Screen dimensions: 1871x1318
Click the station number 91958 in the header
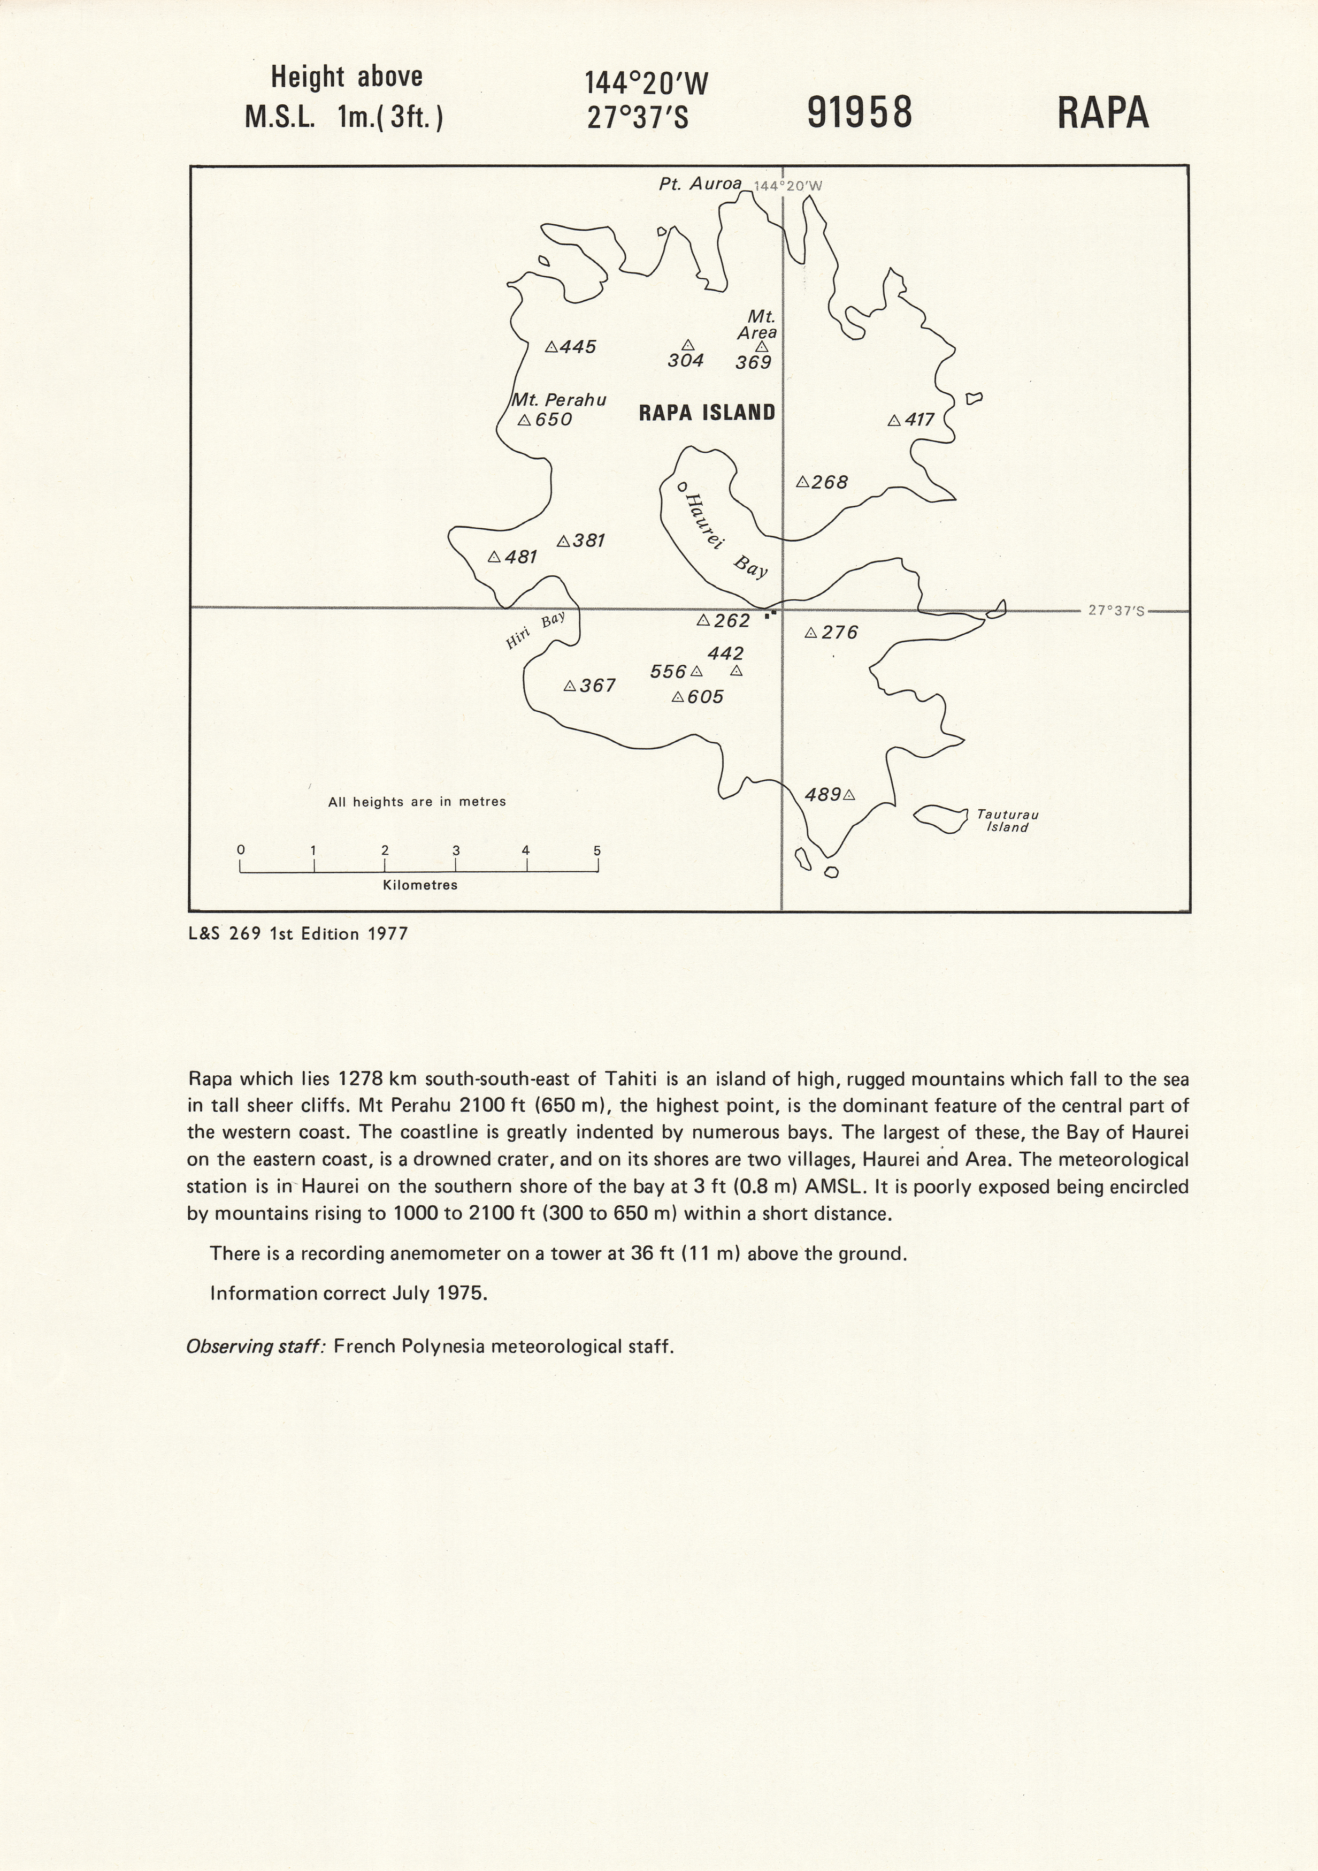tap(860, 113)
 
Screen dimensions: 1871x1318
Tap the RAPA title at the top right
tap(1103, 113)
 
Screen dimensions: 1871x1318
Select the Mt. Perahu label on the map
tap(559, 400)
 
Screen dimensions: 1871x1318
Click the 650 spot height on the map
tap(554, 420)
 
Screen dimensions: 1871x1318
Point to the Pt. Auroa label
tap(700, 184)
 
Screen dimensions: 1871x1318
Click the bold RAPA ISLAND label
tap(706, 412)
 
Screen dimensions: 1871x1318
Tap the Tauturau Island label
tap(1008, 820)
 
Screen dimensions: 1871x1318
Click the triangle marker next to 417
tap(894, 421)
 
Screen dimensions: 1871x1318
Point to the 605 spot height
tap(704, 697)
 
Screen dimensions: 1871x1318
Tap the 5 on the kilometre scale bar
tap(597, 851)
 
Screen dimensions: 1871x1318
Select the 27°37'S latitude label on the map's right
tap(1116, 610)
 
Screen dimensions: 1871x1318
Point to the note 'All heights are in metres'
tap(417, 802)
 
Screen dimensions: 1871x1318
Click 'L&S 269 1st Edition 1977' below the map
tap(298, 934)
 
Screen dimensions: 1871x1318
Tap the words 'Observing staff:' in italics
tap(256, 1346)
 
